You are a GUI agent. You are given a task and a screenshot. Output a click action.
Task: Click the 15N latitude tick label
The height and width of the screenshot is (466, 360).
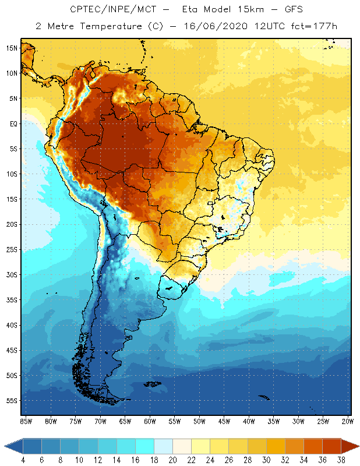(12, 48)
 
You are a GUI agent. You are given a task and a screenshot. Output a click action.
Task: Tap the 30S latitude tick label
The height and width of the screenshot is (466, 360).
(12, 274)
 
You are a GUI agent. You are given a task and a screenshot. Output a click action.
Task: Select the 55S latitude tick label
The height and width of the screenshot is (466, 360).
(12, 401)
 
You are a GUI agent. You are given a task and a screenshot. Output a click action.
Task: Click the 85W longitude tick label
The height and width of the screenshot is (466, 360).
(26, 421)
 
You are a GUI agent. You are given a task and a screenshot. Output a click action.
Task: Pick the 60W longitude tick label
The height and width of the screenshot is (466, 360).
(150, 421)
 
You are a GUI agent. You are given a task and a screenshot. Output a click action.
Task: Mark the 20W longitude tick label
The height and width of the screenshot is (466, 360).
(348, 421)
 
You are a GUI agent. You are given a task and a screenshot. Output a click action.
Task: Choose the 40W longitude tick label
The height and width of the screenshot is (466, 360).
(249, 421)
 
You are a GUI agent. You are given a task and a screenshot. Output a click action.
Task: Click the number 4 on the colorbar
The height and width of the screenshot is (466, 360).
(22, 460)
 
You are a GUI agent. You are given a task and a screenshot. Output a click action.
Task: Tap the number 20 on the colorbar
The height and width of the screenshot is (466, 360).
(172, 460)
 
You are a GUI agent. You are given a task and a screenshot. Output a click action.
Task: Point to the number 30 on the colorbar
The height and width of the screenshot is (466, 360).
(266, 460)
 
